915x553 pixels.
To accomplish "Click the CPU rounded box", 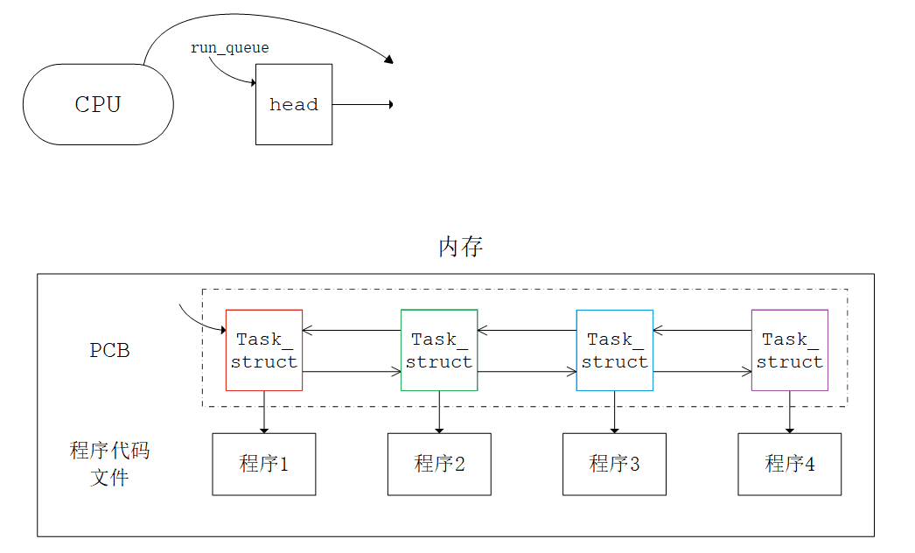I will (x=98, y=104).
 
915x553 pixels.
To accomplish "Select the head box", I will (x=294, y=104).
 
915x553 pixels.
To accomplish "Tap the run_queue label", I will (x=230, y=48).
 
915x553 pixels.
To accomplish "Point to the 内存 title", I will (x=460, y=247).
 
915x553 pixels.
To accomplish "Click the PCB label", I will (x=110, y=350).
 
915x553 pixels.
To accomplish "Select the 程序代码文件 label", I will (x=110, y=464).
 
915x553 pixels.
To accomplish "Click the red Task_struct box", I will (x=264, y=350).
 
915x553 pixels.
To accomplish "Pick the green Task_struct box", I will (x=439, y=350).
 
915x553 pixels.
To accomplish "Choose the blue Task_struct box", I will (x=615, y=350).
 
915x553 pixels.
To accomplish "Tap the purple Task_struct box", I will (x=790, y=350).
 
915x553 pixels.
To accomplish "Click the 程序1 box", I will (x=264, y=464).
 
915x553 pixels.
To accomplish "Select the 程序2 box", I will (x=439, y=464).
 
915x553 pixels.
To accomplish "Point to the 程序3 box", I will (x=614, y=464).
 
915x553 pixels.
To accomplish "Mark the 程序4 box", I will (x=790, y=464).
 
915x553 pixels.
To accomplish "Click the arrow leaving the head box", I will (x=362, y=104).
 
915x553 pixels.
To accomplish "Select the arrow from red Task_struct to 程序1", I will (x=264, y=411).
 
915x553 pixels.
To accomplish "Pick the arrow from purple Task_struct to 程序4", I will (x=790, y=411).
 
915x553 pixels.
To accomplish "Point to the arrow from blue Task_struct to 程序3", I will (x=615, y=411).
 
